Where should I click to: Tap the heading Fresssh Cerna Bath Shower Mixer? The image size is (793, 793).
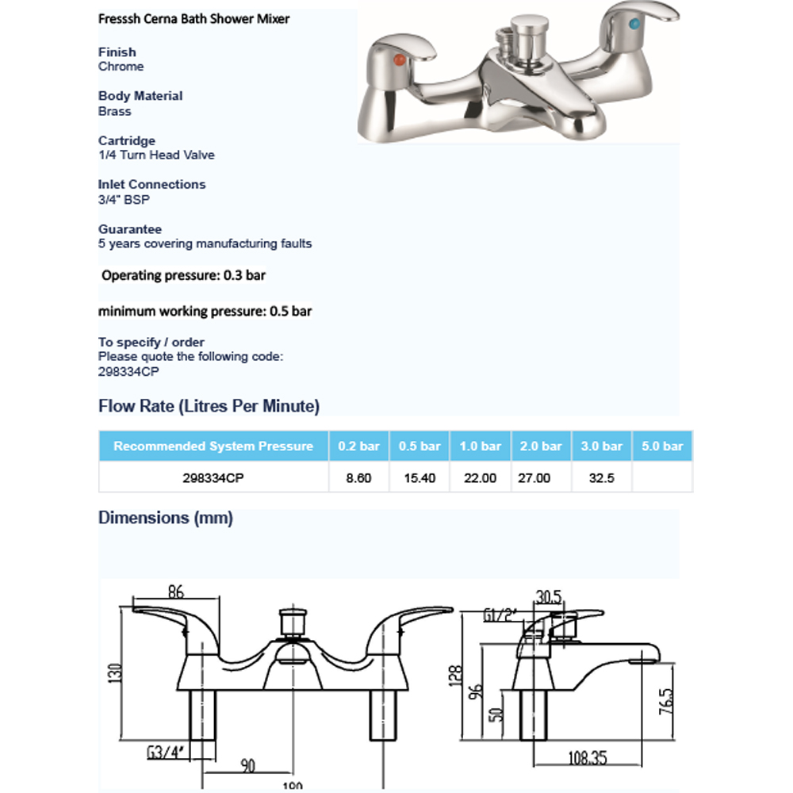pyautogui.click(x=193, y=18)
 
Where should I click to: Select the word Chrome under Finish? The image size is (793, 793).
pyautogui.click(x=121, y=67)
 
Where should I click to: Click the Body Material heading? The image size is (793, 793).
pyautogui.click(x=140, y=96)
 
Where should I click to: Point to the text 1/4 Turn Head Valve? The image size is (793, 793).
pyautogui.click(x=156, y=155)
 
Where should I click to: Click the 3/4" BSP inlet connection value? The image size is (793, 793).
pyautogui.click(x=124, y=200)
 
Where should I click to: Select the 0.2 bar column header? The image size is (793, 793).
pyautogui.click(x=359, y=446)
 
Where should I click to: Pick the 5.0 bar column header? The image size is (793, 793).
pyautogui.click(x=662, y=446)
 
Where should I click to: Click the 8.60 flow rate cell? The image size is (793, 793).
pyautogui.click(x=359, y=479)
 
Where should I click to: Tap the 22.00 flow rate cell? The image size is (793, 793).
pyautogui.click(x=480, y=479)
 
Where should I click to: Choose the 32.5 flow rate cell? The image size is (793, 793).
pyautogui.click(x=601, y=479)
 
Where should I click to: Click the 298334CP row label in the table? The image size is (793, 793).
pyautogui.click(x=213, y=479)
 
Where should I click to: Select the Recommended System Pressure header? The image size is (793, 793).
pyautogui.click(x=213, y=446)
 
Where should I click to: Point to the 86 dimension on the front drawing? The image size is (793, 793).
pyautogui.click(x=177, y=591)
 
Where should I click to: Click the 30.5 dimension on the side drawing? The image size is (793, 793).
pyautogui.click(x=549, y=595)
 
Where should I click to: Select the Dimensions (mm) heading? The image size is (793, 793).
pyautogui.click(x=165, y=518)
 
